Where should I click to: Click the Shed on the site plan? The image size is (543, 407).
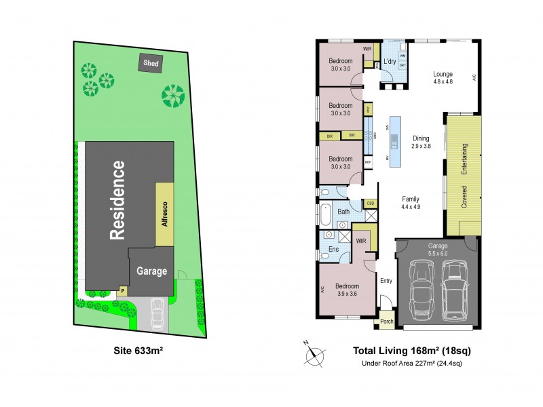click(x=150, y=63)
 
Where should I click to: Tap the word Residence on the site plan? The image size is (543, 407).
click(x=117, y=199)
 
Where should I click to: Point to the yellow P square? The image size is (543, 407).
click(x=123, y=290)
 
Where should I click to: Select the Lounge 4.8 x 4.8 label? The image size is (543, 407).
click(x=443, y=78)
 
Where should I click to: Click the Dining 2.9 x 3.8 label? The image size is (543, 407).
click(x=421, y=141)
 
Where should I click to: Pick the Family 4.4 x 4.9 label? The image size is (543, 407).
click(x=411, y=203)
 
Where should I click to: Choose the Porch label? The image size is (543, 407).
click(x=387, y=322)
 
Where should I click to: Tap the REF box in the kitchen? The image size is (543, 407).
click(x=368, y=163)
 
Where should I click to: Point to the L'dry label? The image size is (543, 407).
click(x=390, y=62)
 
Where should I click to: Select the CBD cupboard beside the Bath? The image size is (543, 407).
click(x=371, y=203)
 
